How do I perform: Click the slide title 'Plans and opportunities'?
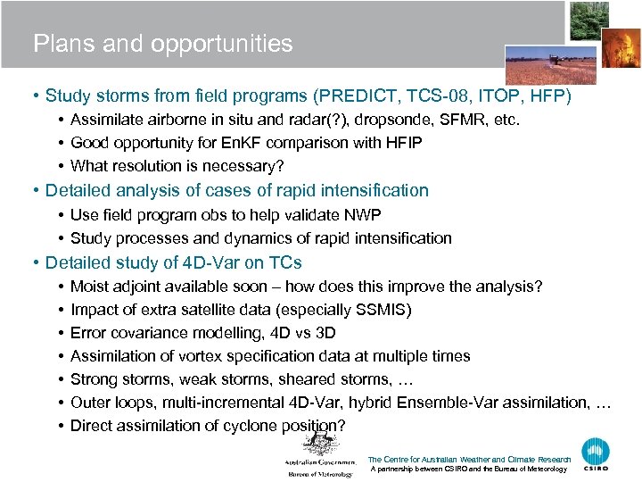[162, 44]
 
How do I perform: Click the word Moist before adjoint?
[90, 287]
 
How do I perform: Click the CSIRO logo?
[596, 453]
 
